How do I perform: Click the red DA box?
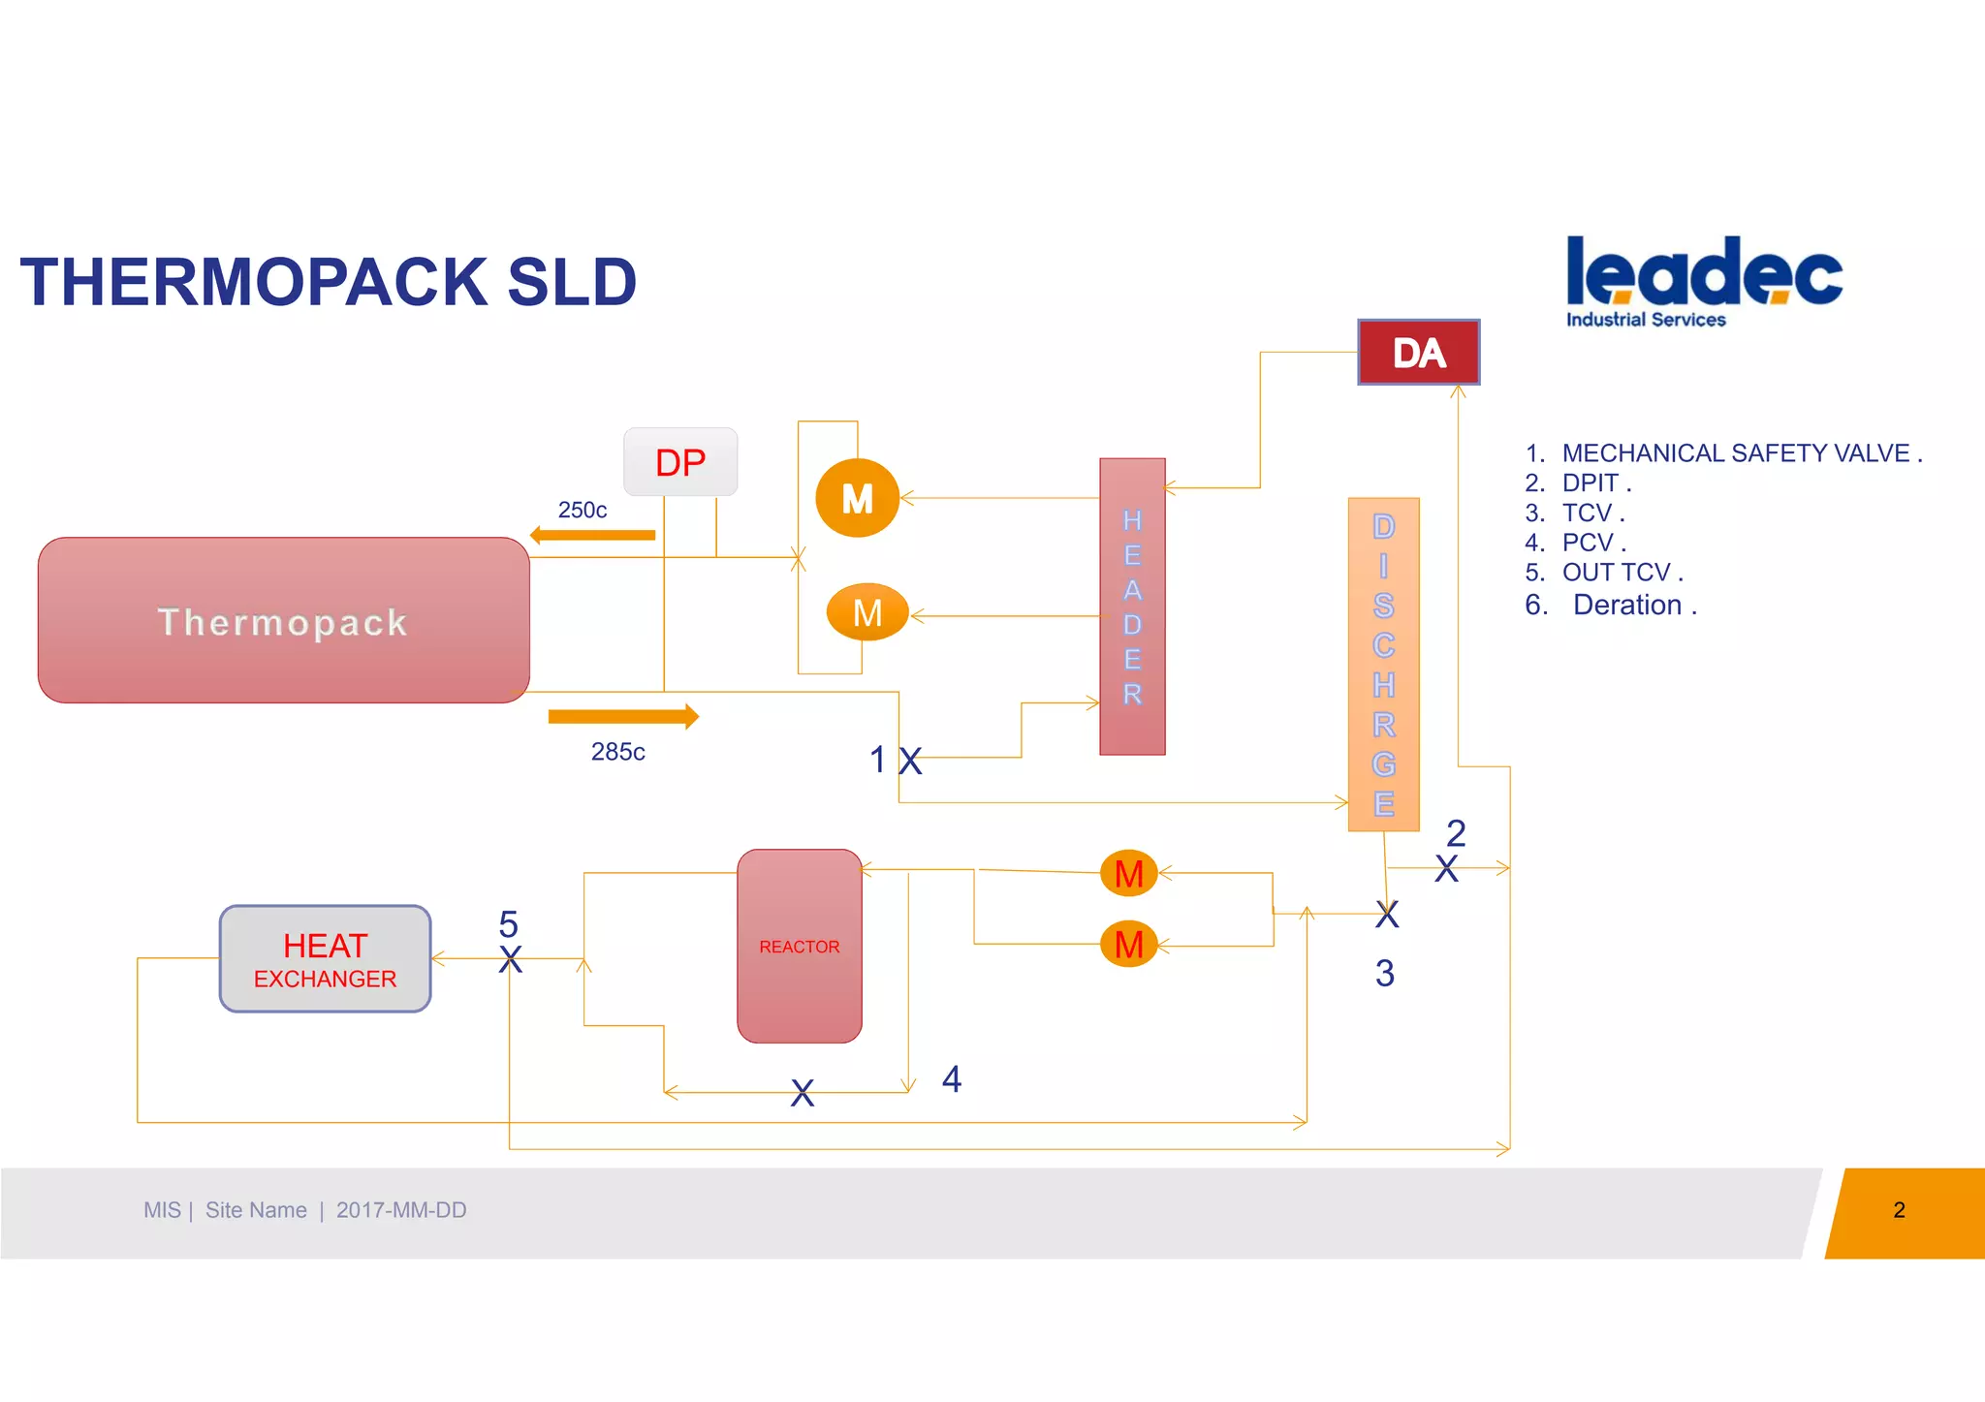[1418, 353]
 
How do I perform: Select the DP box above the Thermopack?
[680, 462]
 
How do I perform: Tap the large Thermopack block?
[283, 620]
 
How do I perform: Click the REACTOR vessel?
[799, 946]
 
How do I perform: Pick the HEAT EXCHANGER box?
[325, 959]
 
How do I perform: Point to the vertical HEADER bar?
[1132, 607]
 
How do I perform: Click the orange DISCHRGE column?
[1383, 665]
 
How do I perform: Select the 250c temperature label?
[582, 510]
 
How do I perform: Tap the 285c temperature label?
[617, 752]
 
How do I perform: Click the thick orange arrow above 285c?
[622, 717]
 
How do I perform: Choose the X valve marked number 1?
[909, 761]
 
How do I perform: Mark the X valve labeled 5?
[510, 959]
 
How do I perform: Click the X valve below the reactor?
[802, 1093]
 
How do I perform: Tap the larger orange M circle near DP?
[857, 498]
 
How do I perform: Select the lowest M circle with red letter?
[1128, 944]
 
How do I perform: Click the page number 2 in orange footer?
[1899, 1210]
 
